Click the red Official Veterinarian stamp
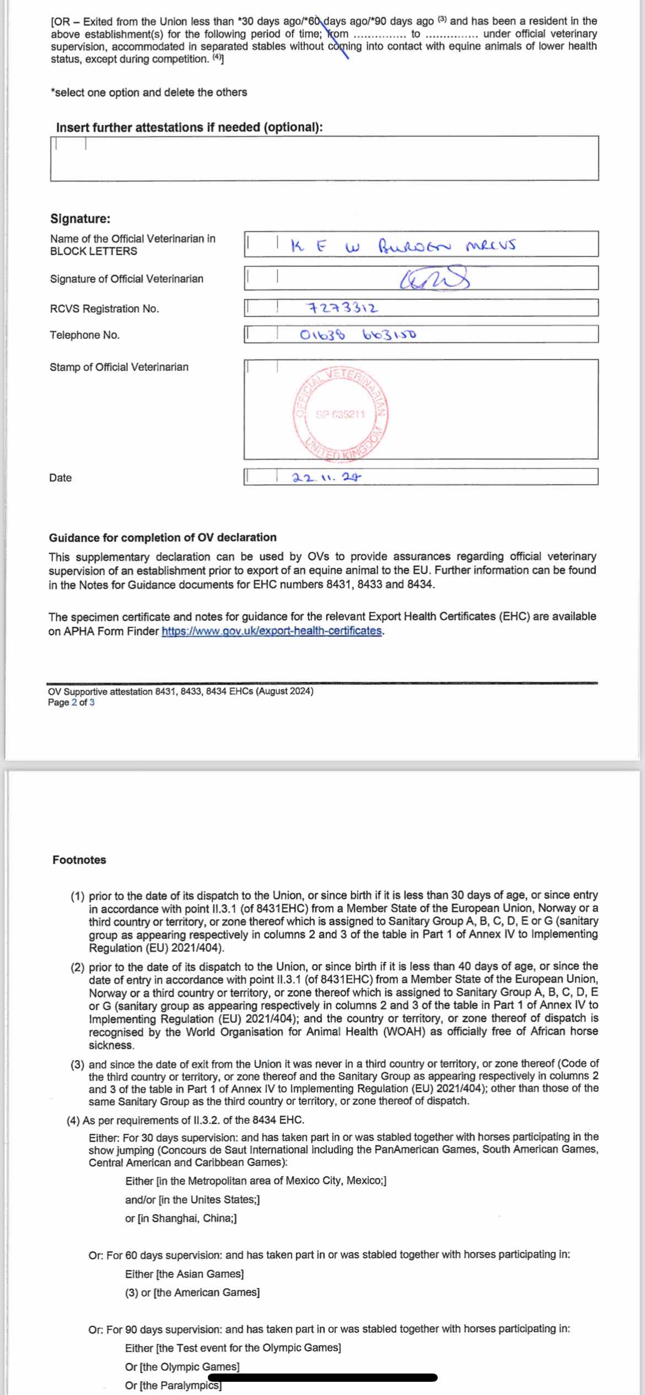click(x=341, y=413)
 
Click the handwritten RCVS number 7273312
click(x=342, y=308)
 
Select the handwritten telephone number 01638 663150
click(x=358, y=334)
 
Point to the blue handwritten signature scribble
click(x=435, y=278)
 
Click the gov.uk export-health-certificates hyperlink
click(x=271, y=631)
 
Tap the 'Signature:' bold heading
click(x=80, y=219)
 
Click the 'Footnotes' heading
click(x=79, y=859)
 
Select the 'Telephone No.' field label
click(x=84, y=335)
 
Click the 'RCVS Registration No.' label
click(x=104, y=309)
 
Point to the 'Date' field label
click(x=60, y=478)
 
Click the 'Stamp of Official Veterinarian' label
click(x=119, y=367)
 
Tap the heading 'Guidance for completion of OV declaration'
click(x=163, y=538)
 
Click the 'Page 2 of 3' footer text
click(x=71, y=702)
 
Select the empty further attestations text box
click(x=324, y=159)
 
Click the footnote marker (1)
click(x=77, y=896)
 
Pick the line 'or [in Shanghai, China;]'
click(x=181, y=1218)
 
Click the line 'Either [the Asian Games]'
click(x=184, y=1274)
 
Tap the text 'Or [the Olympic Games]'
click(x=182, y=1367)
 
